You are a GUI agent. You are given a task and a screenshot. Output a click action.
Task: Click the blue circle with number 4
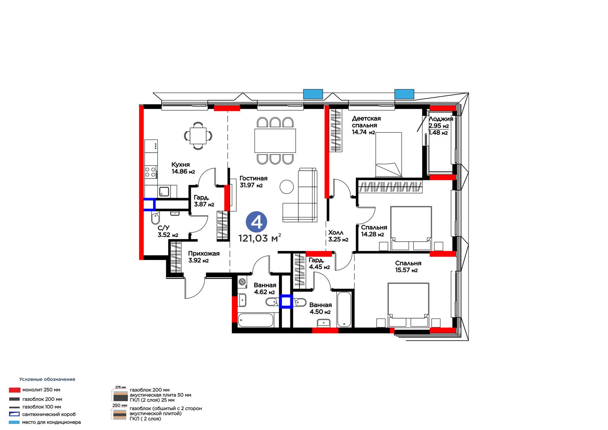tap(256, 222)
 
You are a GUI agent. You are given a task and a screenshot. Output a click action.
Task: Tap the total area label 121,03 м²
tap(260, 238)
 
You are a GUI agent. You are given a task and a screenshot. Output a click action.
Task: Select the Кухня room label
tap(180, 164)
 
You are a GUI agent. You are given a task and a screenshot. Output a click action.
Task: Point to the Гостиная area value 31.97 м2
tap(251, 185)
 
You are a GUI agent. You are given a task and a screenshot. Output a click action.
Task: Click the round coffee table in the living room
tap(287, 187)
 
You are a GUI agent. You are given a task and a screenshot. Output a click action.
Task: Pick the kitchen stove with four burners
tap(150, 172)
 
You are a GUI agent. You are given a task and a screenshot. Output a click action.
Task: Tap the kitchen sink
tap(164, 191)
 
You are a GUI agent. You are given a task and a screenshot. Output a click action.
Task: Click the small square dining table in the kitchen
tap(198, 136)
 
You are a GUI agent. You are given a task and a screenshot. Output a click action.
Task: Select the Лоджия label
tap(441, 119)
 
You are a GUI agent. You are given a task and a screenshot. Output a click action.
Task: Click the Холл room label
tap(336, 233)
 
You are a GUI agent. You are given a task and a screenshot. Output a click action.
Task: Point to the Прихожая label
tap(204, 254)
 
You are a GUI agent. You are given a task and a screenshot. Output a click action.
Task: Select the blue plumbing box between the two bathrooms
tap(286, 301)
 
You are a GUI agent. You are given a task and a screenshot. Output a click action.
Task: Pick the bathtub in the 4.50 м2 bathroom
tap(344, 309)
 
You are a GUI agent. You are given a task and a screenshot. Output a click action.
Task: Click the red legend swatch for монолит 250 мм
tap(15, 390)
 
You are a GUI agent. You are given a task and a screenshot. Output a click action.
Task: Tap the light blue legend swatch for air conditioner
tap(14, 422)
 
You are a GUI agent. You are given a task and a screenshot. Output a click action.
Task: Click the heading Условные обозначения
tap(47, 379)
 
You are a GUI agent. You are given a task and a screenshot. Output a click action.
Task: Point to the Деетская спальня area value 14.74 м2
tap(363, 132)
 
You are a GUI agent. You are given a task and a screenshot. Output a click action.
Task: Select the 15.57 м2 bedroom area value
tap(406, 270)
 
